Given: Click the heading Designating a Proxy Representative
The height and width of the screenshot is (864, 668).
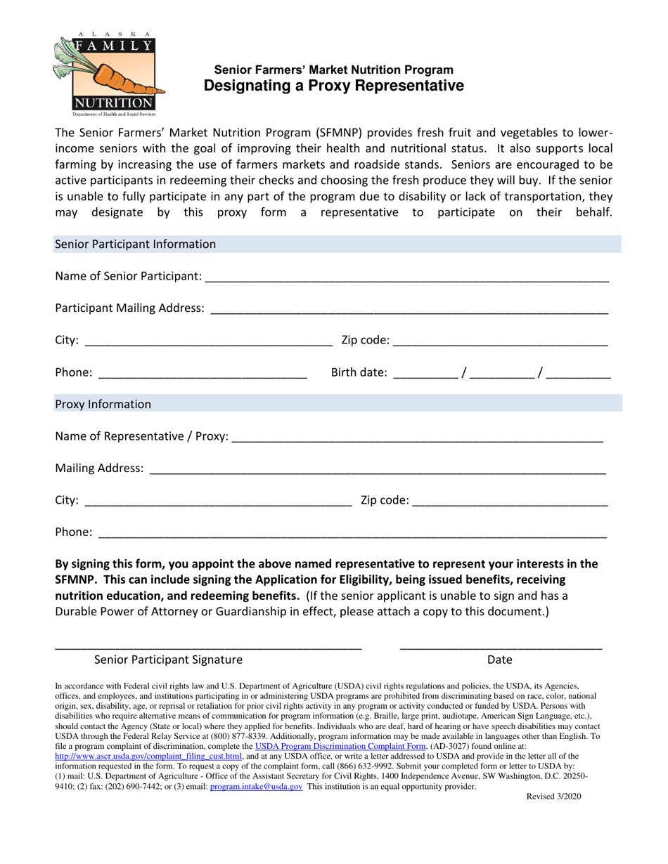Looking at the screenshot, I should (333, 86).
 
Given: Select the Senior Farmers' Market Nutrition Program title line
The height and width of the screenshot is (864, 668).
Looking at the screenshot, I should (333, 70).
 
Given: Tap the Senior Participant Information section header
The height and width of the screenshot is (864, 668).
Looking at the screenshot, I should (135, 244).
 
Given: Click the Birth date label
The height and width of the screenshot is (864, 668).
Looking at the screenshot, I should (359, 372).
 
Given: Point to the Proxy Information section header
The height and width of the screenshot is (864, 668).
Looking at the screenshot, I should (103, 404).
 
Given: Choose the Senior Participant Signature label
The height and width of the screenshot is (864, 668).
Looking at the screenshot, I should (168, 660).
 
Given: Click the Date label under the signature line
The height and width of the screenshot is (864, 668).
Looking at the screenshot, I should (499, 660).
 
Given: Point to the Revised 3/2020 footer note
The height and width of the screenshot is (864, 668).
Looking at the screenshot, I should (553, 797).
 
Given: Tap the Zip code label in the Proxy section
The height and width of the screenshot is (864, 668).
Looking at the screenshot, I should (384, 500).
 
